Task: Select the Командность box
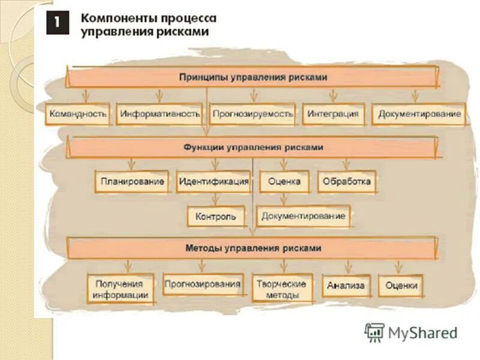click(79, 113)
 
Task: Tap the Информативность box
click(160, 113)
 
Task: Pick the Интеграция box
click(334, 113)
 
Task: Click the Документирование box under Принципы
click(419, 113)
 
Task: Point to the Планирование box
click(133, 181)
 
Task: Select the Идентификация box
click(213, 181)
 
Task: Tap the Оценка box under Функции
click(284, 181)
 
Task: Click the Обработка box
click(347, 181)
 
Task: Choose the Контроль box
click(216, 216)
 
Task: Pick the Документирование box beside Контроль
click(304, 216)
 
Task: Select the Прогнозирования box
click(203, 284)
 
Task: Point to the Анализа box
click(346, 286)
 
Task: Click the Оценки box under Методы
click(401, 286)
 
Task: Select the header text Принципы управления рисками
click(253, 77)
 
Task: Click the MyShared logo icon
click(374, 332)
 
